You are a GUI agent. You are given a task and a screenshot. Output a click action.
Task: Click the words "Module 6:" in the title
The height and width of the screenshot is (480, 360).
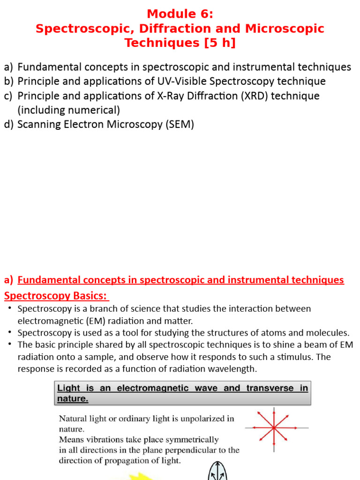pyautogui.click(x=180, y=14)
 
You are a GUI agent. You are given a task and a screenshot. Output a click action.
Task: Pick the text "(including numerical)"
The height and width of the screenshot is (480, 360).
pyautogui.click(x=68, y=111)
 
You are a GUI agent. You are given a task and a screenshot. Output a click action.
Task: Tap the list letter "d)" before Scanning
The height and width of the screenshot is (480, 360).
pyautogui.click(x=9, y=125)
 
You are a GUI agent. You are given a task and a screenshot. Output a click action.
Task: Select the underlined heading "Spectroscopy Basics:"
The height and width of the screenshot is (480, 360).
pyautogui.click(x=56, y=296)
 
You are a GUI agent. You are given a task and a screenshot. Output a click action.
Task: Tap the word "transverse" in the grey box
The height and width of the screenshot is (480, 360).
pyautogui.click(x=270, y=388)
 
